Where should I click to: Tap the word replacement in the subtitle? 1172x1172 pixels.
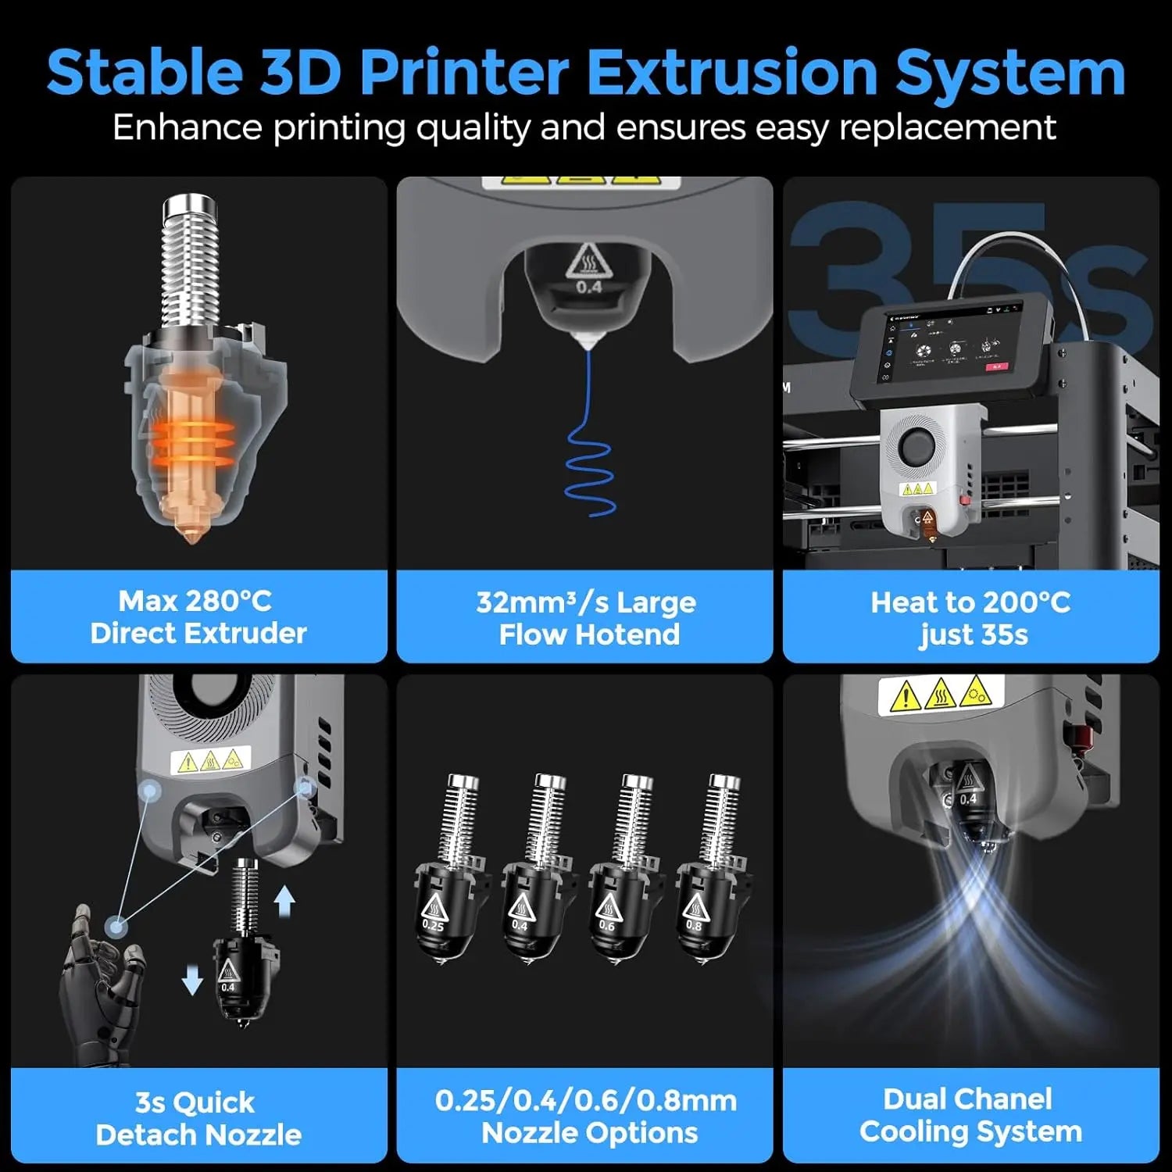pos(948,127)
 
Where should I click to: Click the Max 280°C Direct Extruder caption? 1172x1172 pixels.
pos(198,617)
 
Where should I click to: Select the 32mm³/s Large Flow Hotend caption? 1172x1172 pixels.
pos(586,618)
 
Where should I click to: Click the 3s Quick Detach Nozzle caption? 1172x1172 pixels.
pos(198,1118)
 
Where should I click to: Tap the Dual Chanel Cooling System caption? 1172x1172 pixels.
pos(970,1115)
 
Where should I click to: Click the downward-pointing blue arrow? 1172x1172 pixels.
pos(192,979)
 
